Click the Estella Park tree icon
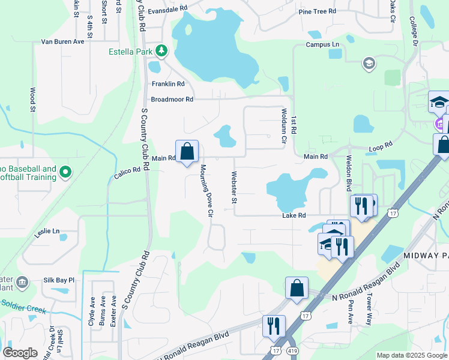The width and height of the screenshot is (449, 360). [x=161, y=51]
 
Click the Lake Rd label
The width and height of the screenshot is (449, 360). [x=295, y=215]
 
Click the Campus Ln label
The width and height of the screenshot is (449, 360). [x=322, y=45]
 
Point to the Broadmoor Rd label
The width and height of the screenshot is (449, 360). [x=172, y=99]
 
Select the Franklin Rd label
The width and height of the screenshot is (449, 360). [x=168, y=84]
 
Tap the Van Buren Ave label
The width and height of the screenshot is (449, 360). [x=62, y=42]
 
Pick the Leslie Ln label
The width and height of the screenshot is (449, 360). [x=47, y=231]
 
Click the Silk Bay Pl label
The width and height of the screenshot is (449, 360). [x=59, y=280]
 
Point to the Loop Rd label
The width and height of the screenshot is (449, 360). [x=380, y=146]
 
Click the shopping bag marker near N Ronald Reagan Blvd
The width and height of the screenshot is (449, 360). [x=297, y=287]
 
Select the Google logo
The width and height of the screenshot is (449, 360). [x=20, y=353]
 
